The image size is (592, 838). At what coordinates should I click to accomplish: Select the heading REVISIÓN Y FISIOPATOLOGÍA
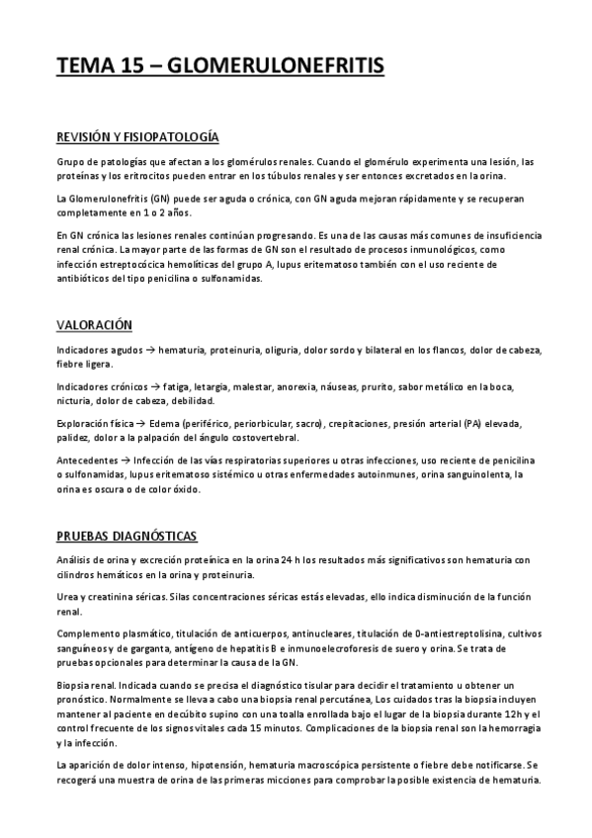(137, 136)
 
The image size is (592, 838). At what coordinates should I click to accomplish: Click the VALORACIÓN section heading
(95, 325)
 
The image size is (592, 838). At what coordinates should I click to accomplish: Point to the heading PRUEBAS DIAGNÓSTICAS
(126, 536)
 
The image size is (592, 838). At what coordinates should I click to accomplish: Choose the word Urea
(69, 597)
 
